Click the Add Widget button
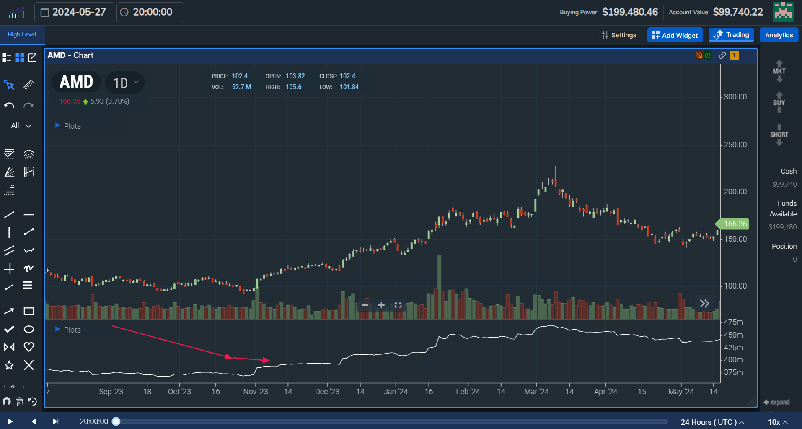(675, 35)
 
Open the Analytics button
(779, 35)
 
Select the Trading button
(731, 35)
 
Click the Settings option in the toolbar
(618, 35)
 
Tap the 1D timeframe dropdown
(125, 83)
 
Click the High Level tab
(22, 35)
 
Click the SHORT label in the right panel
(779, 135)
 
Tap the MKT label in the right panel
(779, 71)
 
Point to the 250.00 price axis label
(735, 145)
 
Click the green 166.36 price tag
(735, 224)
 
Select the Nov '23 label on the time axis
(256, 392)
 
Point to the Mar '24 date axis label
(536, 392)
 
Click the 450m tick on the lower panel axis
(733, 335)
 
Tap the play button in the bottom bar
(10, 421)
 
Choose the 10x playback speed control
(777, 422)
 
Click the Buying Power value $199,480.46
(630, 12)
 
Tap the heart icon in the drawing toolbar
(29, 347)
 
